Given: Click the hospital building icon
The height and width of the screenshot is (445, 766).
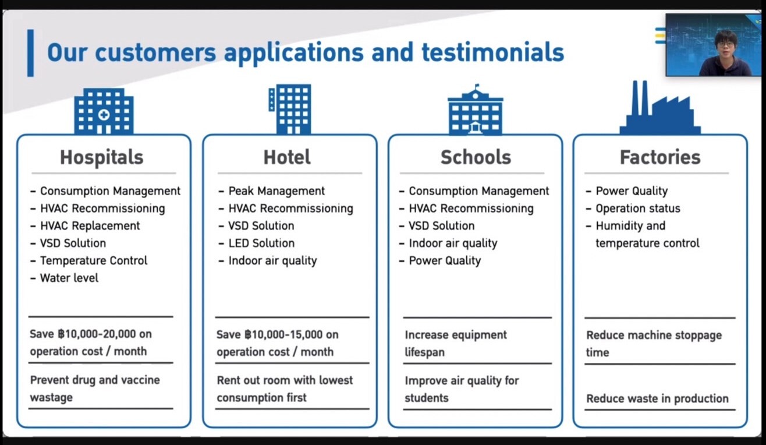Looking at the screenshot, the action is pyautogui.click(x=104, y=111).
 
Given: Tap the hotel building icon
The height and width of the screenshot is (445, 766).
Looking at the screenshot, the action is pyautogui.click(x=290, y=109).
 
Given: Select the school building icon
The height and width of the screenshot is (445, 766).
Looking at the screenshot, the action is pyautogui.click(x=476, y=109).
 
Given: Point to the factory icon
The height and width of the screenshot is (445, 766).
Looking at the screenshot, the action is pyautogui.click(x=660, y=108).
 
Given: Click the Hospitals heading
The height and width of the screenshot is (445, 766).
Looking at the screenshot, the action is pyautogui.click(x=101, y=157).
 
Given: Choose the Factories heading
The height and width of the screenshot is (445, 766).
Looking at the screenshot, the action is pyautogui.click(x=660, y=157).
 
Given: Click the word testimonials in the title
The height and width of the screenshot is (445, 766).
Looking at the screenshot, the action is pyautogui.click(x=493, y=52).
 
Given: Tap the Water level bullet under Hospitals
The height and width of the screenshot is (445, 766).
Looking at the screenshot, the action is pyautogui.click(x=69, y=278).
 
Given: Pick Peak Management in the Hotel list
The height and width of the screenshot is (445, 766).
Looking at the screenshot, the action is pyautogui.click(x=276, y=191).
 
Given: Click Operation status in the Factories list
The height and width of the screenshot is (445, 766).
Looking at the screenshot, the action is pyautogui.click(x=638, y=208).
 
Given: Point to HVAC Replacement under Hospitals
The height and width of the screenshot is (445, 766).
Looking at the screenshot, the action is pyautogui.click(x=90, y=225).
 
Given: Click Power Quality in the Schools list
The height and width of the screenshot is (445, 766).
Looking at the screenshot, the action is pyautogui.click(x=445, y=260).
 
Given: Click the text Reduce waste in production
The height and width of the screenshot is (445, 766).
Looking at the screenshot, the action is pyautogui.click(x=657, y=398).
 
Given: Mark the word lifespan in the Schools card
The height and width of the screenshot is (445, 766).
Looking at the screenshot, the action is pyautogui.click(x=425, y=352).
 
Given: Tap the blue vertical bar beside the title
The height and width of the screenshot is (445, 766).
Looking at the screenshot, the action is pyautogui.click(x=30, y=53).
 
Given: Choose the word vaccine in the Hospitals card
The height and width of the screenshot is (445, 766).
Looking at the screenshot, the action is pyautogui.click(x=140, y=380).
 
